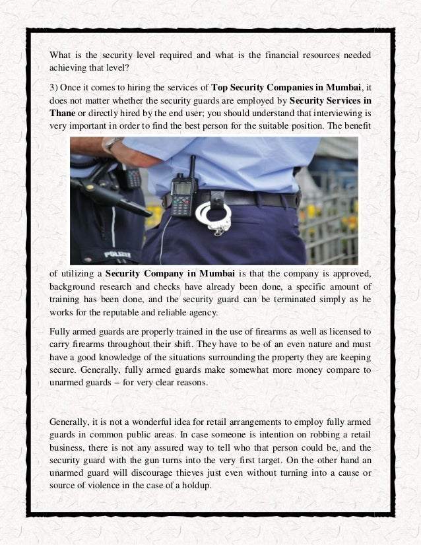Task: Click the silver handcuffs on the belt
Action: pyautogui.click(x=213, y=216)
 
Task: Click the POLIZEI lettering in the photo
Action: pyautogui.click(x=118, y=254)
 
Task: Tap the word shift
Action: pyautogui.click(x=185, y=342)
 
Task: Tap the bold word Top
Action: pyautogui.click(x=221, y=88)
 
